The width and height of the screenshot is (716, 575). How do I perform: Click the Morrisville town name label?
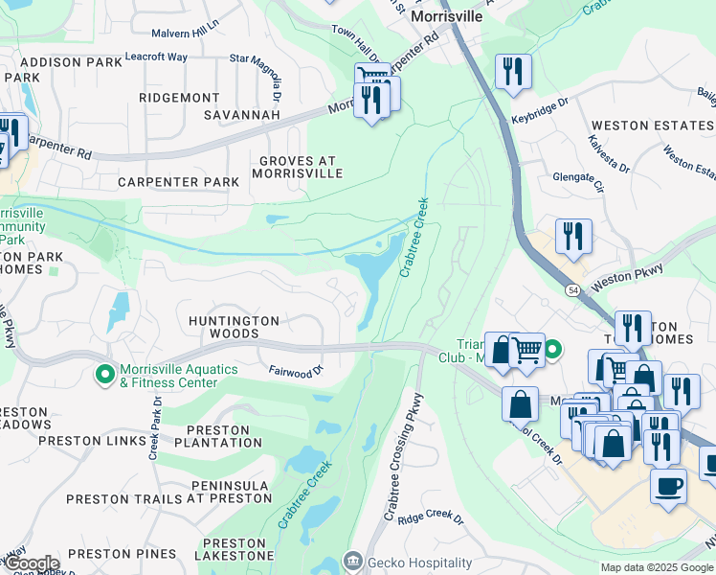[443, 17]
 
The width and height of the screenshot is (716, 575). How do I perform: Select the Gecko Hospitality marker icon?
[353, 561]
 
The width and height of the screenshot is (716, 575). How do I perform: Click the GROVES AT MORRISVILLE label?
[297, 166]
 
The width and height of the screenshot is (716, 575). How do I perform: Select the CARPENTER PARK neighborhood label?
[178, 181]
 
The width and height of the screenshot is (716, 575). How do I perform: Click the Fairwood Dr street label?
[297, 370]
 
